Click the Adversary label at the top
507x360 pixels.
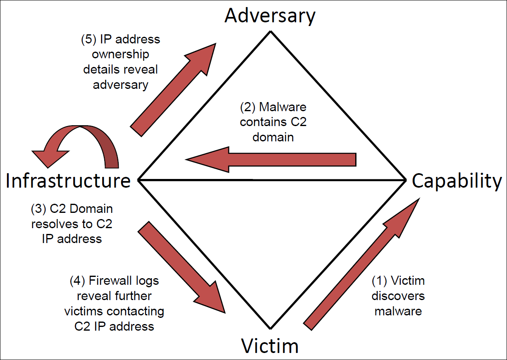tap(270, 16)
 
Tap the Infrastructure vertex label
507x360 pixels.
tap(68, 181)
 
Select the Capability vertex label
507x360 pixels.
tap(457, 181)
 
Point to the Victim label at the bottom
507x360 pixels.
tap(270, 346)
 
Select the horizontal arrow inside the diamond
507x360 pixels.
tap(271, 160)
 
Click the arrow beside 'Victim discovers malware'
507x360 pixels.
tap(361, 264)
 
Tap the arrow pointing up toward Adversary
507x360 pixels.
tap(173, 90)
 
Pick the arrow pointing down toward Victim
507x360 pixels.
tap(182, 267)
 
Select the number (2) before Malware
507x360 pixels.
tap(248, 107)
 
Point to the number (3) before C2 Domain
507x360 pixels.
tap(38, 209)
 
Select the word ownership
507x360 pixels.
tap(120, 55)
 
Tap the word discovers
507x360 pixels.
tap(398, 296)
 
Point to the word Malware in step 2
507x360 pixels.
tap(282, 107)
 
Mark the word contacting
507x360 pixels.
tap(135, 312)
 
